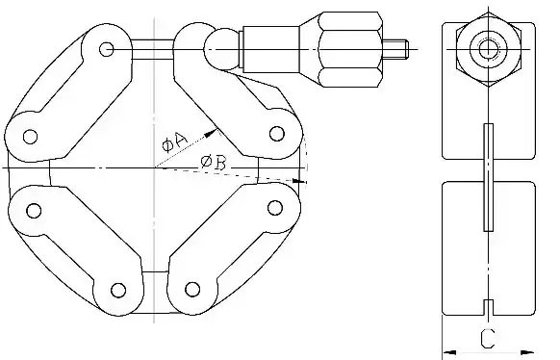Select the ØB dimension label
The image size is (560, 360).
[x=214, y=164]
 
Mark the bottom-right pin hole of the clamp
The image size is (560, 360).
[x=191, y=288]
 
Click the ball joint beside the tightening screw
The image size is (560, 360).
[x=219, y=45]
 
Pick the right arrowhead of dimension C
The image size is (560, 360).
[x=531, y=349]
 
